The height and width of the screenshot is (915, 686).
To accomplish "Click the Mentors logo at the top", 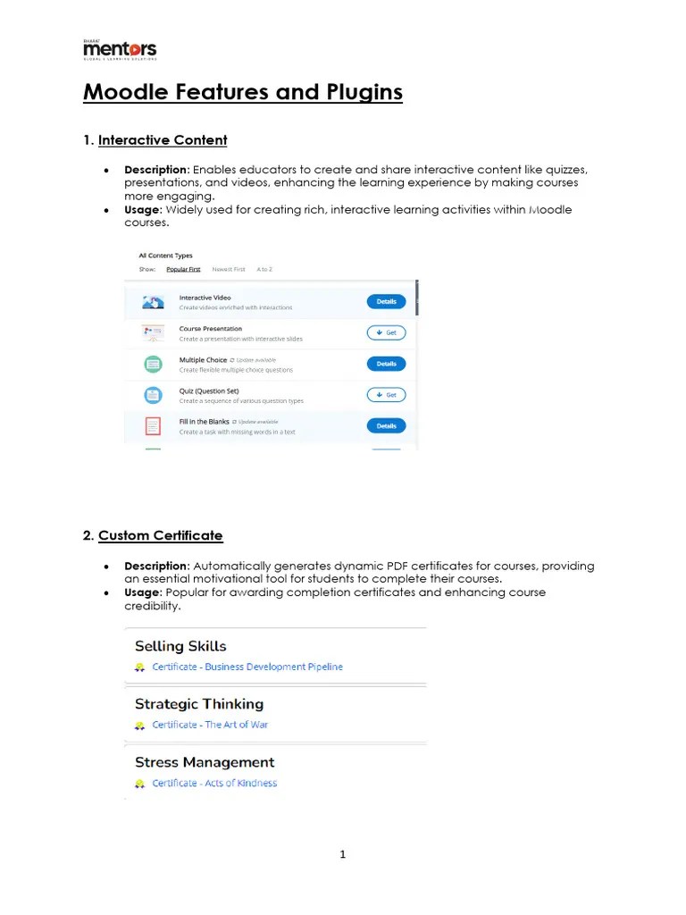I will point(120,49).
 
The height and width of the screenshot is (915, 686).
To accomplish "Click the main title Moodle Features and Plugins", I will point(243,92).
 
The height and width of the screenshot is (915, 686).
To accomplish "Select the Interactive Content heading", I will point(163,140).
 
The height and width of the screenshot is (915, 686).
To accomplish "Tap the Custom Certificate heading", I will point(160,535).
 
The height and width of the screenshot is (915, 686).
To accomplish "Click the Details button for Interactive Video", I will point(386,302).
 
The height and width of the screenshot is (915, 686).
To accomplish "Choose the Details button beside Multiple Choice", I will point(386,364).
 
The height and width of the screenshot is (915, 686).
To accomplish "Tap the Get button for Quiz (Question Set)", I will point(386,395).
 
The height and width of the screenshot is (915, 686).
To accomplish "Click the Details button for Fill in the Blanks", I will point(386,426).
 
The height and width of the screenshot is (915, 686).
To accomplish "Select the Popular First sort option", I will point(183,269).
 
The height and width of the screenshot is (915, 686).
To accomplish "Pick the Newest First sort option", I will point(228,269).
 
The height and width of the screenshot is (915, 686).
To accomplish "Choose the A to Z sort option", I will point(264,269).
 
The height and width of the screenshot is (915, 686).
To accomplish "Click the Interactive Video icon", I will point(153,303).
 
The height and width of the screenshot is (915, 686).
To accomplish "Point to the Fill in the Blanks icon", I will point(153,426).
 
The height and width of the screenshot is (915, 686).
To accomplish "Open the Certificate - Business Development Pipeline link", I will point(247,667).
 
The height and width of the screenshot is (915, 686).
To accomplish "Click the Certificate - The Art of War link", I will point(210,725).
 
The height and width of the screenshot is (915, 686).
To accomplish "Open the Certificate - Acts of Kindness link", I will point(214,784).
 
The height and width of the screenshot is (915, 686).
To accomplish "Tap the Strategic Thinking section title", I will point(199,704).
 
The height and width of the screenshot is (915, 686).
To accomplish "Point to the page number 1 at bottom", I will point(343,855).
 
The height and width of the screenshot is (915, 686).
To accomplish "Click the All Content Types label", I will point(165,256).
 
